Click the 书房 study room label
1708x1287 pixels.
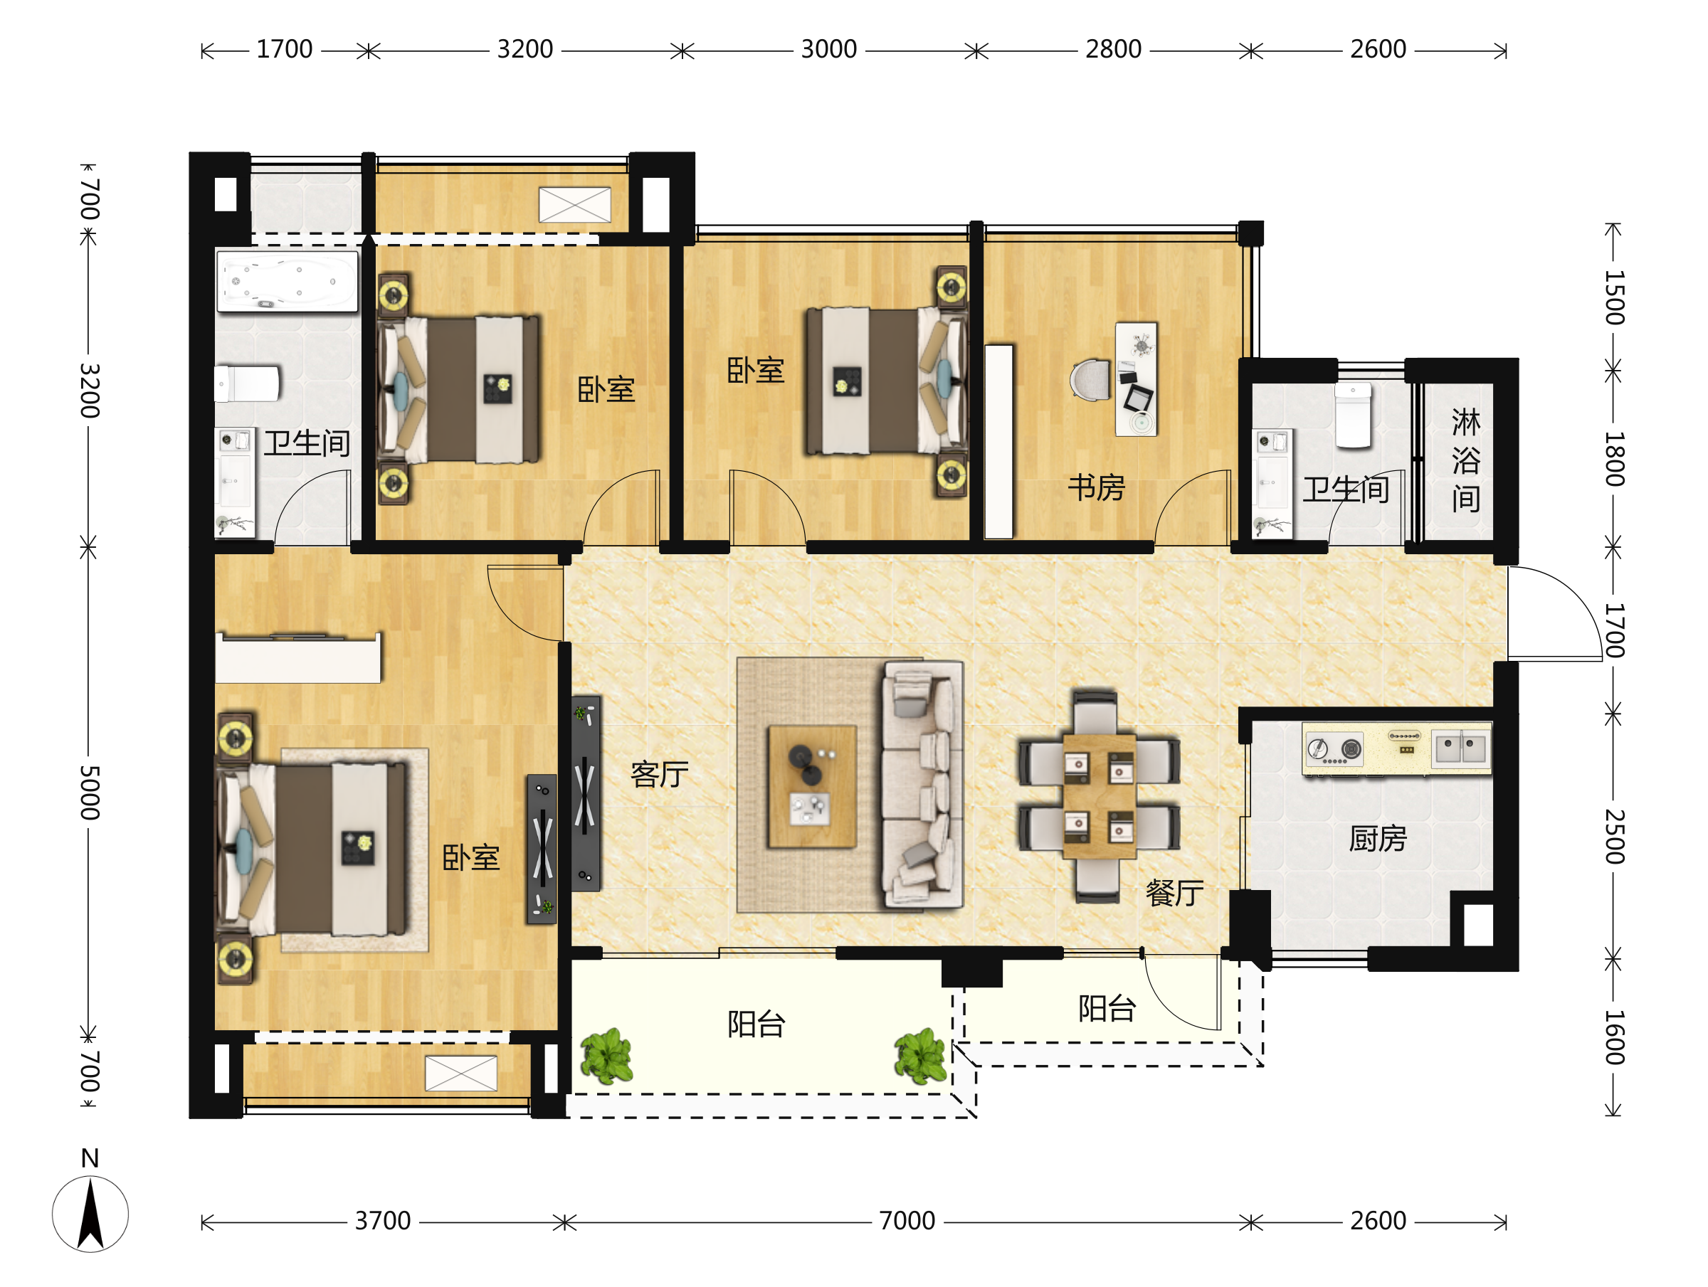(x=1097, y=488)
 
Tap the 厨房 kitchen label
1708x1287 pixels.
(x=1378, y=839)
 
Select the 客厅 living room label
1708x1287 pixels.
(x=660, y=773)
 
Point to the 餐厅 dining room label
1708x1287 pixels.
(x=1174, y=894)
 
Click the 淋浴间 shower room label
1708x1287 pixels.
(x=1465, y=460)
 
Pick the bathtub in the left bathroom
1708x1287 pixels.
(x=288, y=281)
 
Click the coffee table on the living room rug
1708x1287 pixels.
(x=811, y=786)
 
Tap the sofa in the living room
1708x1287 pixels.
(x=923, y=785)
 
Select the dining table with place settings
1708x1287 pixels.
(x=1099, y=796)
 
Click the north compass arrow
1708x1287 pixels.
(x=90, y=1214)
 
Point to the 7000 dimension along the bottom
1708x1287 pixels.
(x=907, y=1222)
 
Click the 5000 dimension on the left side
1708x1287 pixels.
(x=90, y=793)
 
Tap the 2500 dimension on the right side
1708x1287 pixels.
(x=1615, y=837)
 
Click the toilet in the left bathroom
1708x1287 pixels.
(x=247, y=383)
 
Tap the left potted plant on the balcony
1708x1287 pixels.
(x=607, y=1055)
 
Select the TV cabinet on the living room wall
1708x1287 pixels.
(x=585, y=794)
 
